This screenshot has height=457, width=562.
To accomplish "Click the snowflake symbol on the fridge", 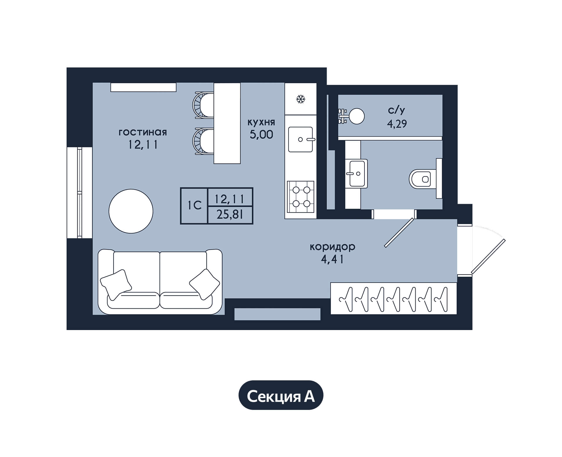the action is click(x=300, y=99).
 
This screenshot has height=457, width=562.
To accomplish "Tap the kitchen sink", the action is click(x=301, y=140).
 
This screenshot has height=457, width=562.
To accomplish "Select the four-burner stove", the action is click(x=301, y=197).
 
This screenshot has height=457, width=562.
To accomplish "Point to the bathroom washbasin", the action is click(x=357, y=173).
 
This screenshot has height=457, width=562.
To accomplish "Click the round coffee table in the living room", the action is click(x=131, y=211).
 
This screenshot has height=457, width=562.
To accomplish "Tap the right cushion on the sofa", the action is click(x=204, y=284).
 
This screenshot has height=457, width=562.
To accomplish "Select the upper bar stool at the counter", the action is click(x=203, y=105).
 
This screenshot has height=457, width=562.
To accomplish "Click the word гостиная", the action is click(x=143, y=133).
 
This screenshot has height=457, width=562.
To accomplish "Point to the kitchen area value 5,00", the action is click(x=261, y=135).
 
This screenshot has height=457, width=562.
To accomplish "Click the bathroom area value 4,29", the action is click(x=397, y=124).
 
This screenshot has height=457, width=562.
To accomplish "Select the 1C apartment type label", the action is click(x=195, y=206).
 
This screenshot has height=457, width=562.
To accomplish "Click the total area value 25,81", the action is click(x=230, y=215).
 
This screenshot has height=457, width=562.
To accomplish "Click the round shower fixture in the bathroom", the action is click(x=357, y=116).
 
